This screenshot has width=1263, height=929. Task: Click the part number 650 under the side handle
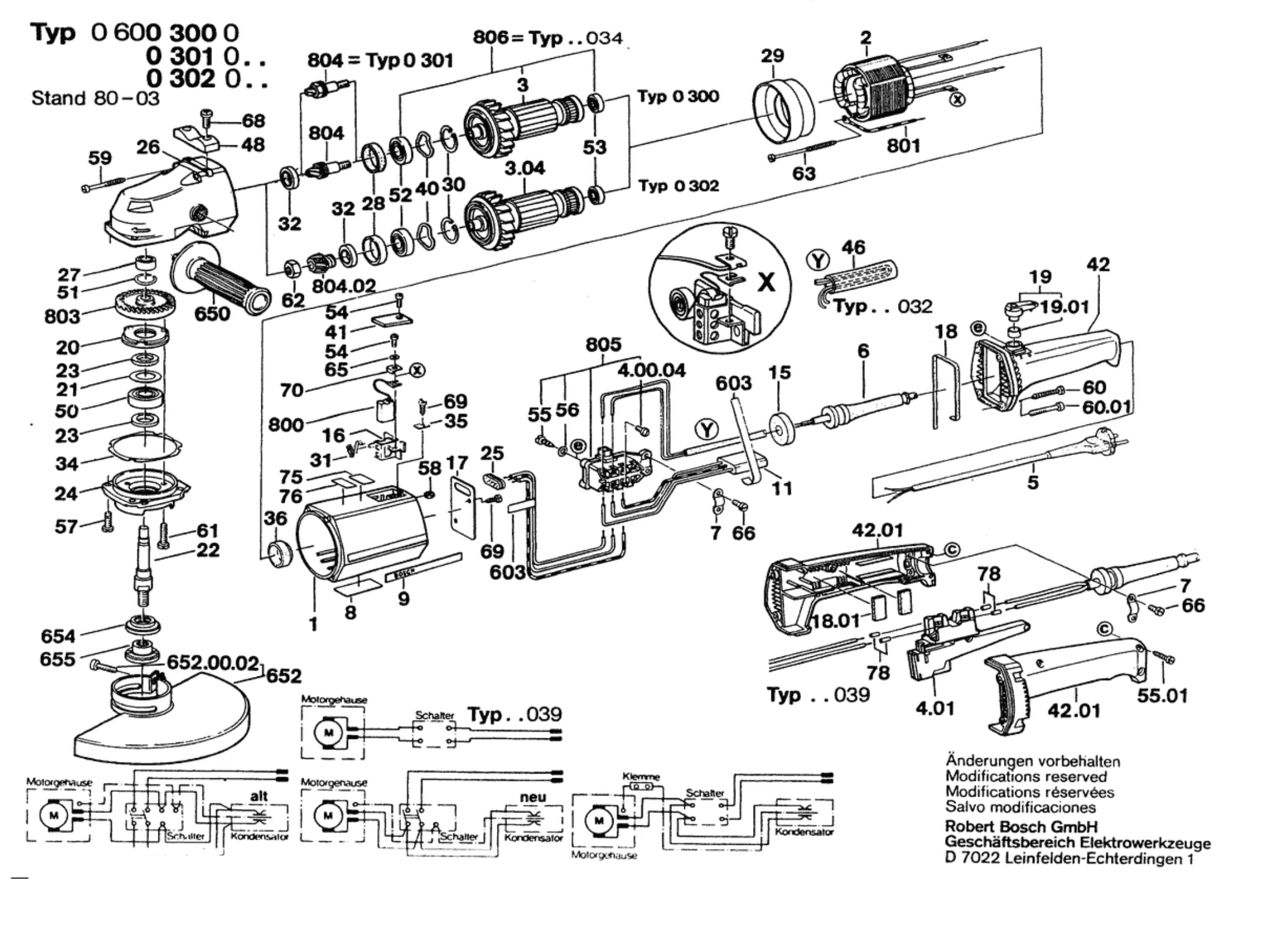click(212, 314)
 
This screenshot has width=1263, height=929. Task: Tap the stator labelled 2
click(871, 88)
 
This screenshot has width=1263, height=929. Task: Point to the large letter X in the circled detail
click(766, 283)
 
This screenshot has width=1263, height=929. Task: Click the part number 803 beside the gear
click(62, 317)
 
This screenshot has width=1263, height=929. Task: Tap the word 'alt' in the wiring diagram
click(259, 796)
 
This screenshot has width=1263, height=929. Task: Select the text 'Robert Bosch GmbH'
click(1021, 827)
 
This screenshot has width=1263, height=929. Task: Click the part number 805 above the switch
click(604, 344)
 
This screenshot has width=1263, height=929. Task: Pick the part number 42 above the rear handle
click(1098, 265)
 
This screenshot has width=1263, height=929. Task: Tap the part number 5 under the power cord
click(1033, 483)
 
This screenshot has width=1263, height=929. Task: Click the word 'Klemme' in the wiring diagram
click(641, 777)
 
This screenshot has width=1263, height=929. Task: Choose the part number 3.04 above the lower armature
click(525, 168)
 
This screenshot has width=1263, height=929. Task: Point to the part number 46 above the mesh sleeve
click(853, 247)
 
